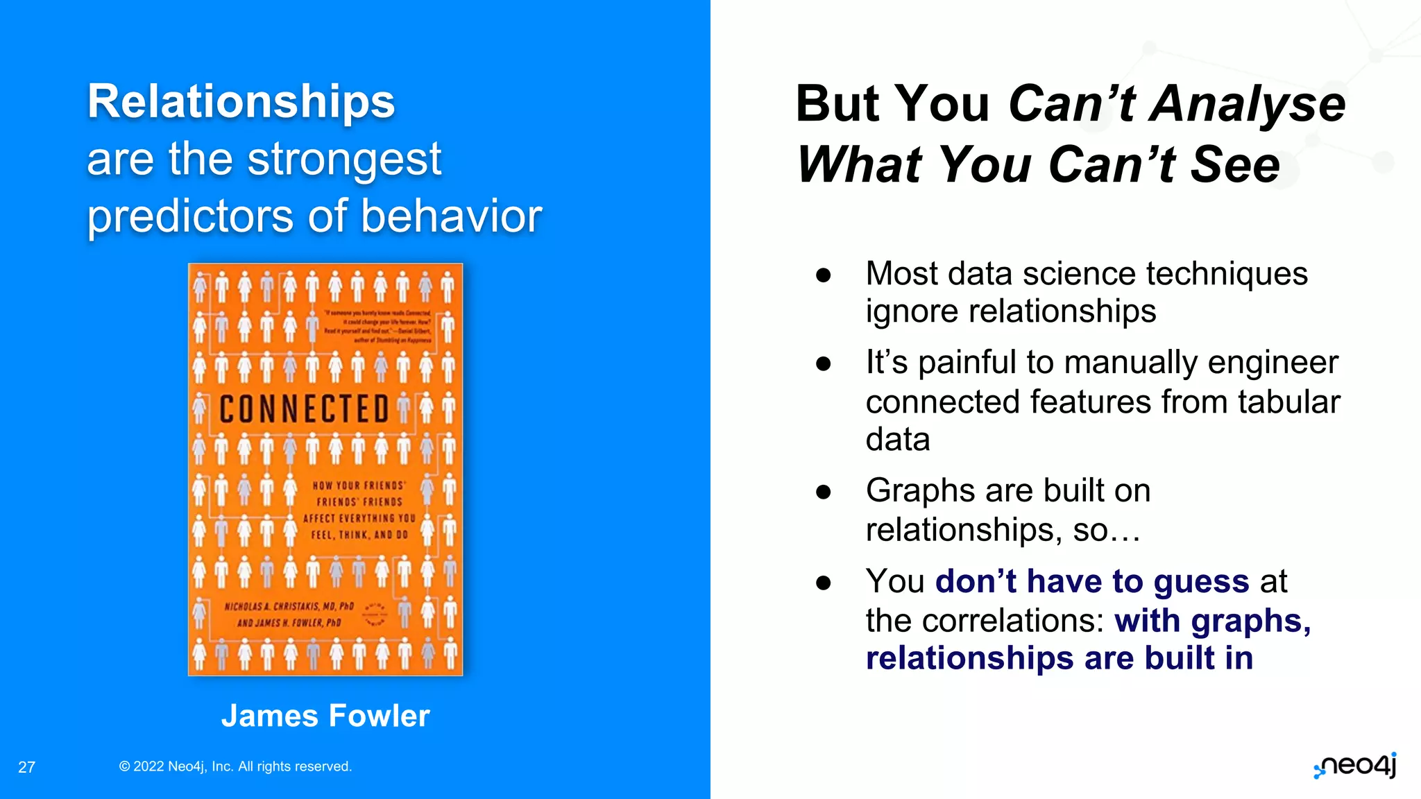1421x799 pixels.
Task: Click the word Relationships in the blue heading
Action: click(241, 103)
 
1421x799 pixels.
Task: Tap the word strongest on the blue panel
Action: click(344, 160)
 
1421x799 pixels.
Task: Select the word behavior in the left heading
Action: click(451, 216)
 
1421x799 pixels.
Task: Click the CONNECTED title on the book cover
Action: click(304, 409)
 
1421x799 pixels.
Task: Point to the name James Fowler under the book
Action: click(325, 716)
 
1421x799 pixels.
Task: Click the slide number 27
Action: click(26, 767)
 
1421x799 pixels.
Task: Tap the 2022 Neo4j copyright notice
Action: click(235, 766)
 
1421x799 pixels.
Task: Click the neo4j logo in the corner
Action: click(1354, 766)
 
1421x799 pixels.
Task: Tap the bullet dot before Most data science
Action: click(824, 275)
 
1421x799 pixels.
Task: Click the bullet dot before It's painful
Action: click(824, 363)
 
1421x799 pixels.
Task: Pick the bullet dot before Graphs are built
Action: click(824, 492)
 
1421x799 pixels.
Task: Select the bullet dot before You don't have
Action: click(824, 583)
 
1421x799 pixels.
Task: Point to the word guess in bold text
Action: click(1201, 581)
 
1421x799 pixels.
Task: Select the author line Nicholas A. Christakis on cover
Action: click(289, 607)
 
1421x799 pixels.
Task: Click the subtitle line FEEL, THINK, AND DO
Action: click(359, 535)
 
